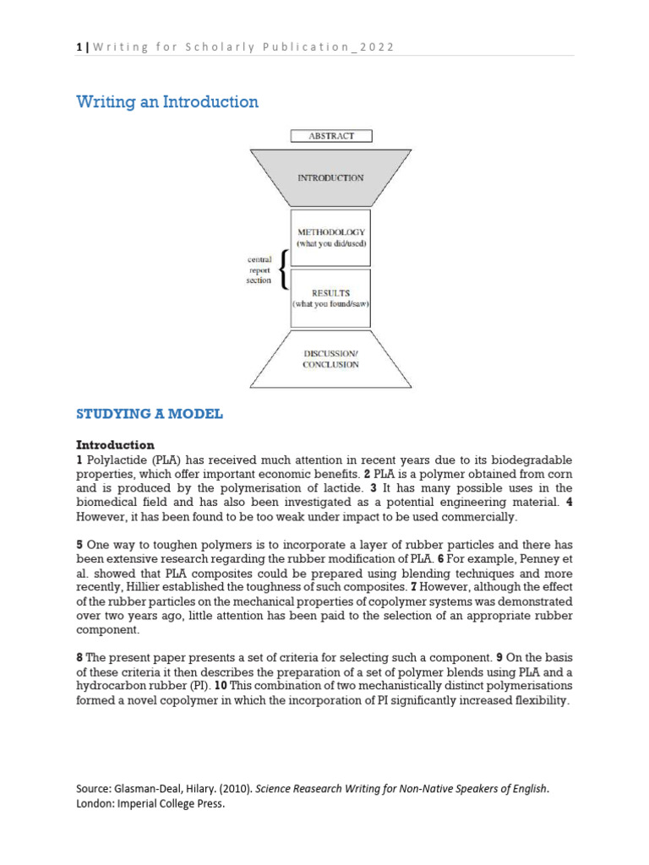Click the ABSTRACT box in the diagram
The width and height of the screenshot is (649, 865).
(x=330, y=135)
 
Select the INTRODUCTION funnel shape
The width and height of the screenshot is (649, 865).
(x=330, y=177)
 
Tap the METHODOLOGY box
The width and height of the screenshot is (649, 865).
(x=330, y=237)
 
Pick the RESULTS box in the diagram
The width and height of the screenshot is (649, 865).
(x=330, y=297)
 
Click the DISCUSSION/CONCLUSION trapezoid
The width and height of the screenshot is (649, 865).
(x=330, y=359)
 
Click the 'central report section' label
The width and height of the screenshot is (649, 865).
(x=259, y=270)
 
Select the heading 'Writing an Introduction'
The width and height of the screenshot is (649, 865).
(x=167, y=102)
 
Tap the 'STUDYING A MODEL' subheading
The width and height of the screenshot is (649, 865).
(x=150, y=414)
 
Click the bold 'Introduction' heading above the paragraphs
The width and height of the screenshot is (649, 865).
(x=115, y=444)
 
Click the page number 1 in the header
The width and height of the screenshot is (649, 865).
(x=79, y=47)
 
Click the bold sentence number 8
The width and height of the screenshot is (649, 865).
(x=79, y=656)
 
